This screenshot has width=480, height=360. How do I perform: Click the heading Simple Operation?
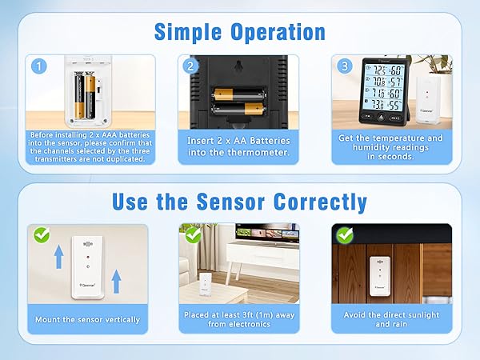[240, 32]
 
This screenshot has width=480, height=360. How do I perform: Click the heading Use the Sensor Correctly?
[240, 201]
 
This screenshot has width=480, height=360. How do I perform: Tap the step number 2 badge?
[190, 66]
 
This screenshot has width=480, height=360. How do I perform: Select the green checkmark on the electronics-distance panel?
[192, 236]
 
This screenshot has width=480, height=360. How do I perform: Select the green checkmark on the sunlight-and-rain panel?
[345, 236]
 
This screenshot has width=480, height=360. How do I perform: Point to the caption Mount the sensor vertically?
[87, 319]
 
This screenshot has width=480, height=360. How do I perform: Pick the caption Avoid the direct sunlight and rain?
[392, 319]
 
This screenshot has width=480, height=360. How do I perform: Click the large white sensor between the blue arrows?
[87, 267]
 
